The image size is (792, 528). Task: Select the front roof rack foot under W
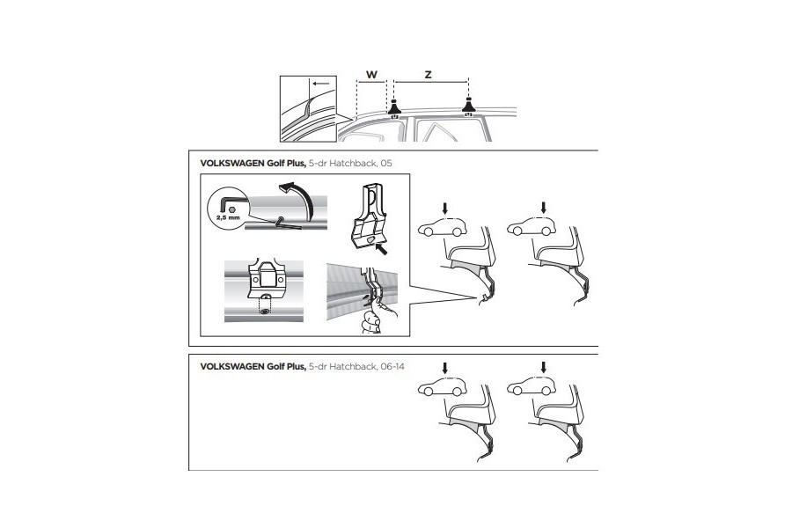click(x=394, y=110)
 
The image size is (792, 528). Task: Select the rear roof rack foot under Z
click(x=468, y=110)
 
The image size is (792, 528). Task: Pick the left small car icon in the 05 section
click(x=444, y=230)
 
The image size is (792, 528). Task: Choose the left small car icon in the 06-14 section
click(x=444, y=387)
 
